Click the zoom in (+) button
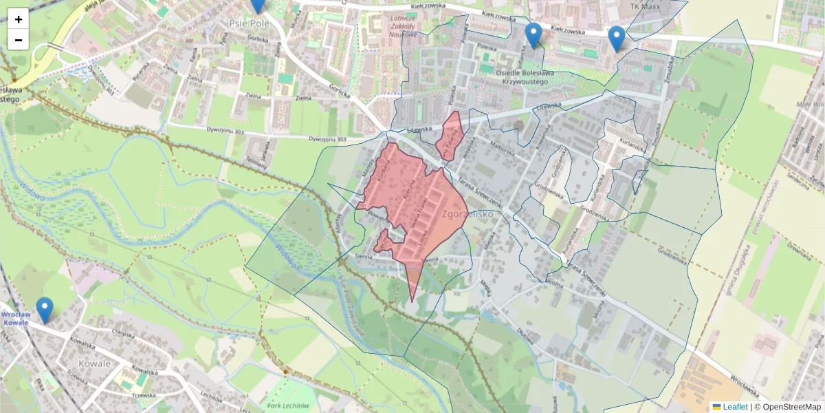pos(19,19)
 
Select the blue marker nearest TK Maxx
pos(617,39)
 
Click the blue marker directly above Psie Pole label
pos(258,4)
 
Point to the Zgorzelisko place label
pos(469,214)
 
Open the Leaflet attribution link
pos(734,407)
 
